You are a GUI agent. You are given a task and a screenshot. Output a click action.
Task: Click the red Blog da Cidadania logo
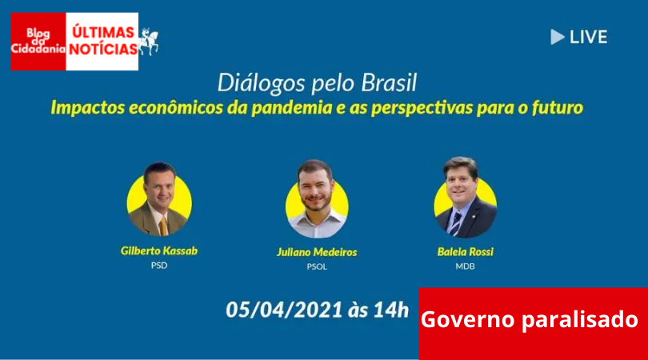pos(38,42)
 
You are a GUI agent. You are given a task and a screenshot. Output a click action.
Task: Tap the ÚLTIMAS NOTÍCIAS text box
pos(102,42)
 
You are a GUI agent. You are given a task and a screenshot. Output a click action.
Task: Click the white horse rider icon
pos(149,42)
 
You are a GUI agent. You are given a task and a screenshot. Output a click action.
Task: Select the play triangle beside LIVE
pos(557,37)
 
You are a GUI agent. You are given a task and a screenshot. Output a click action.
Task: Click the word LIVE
pos(589,37)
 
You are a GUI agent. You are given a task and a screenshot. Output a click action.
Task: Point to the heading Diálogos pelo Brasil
pos(317,83)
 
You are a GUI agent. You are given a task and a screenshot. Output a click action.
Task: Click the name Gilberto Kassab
pos(159,251)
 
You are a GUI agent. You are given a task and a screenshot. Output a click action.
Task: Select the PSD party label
pos(159,266)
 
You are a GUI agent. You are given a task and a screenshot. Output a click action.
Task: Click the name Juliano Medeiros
pos(317,252)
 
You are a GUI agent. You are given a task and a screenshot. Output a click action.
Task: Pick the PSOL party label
pos(317,266)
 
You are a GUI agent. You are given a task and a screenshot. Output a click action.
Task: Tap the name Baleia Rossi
pos(466,252)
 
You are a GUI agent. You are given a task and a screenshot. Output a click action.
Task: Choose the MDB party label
pos(466,266)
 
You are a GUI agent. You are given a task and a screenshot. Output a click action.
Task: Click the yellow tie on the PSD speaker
pos(164,227)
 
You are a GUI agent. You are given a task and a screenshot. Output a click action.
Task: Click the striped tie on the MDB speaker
pos(456,223)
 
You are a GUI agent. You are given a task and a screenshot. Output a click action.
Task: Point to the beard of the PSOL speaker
pos(316,202)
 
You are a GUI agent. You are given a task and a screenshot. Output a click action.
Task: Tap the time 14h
pos(391,310)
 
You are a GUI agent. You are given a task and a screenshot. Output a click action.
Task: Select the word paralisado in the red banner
pos(580,320)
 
